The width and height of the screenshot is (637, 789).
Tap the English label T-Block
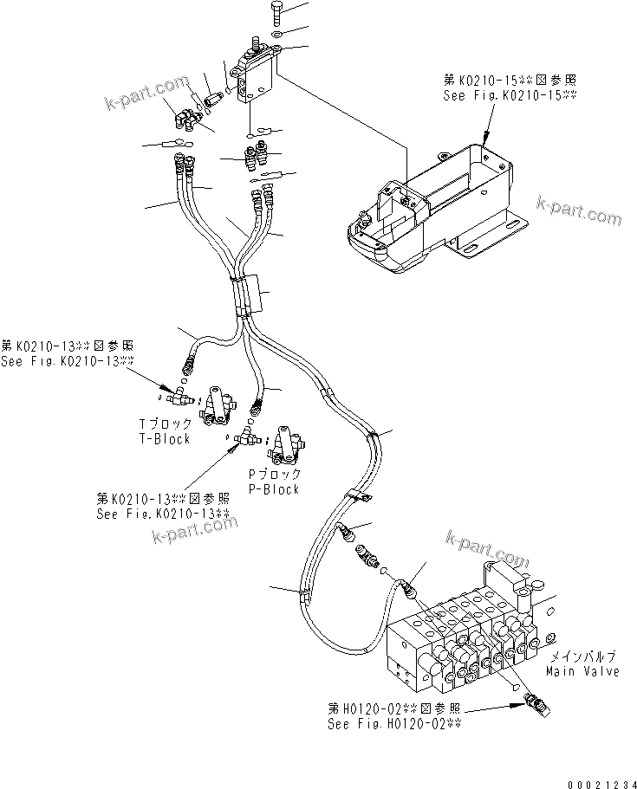165,439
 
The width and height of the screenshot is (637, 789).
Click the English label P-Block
274,489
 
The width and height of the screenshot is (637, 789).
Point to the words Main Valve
582,672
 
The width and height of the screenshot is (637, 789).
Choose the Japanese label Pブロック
275,475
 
